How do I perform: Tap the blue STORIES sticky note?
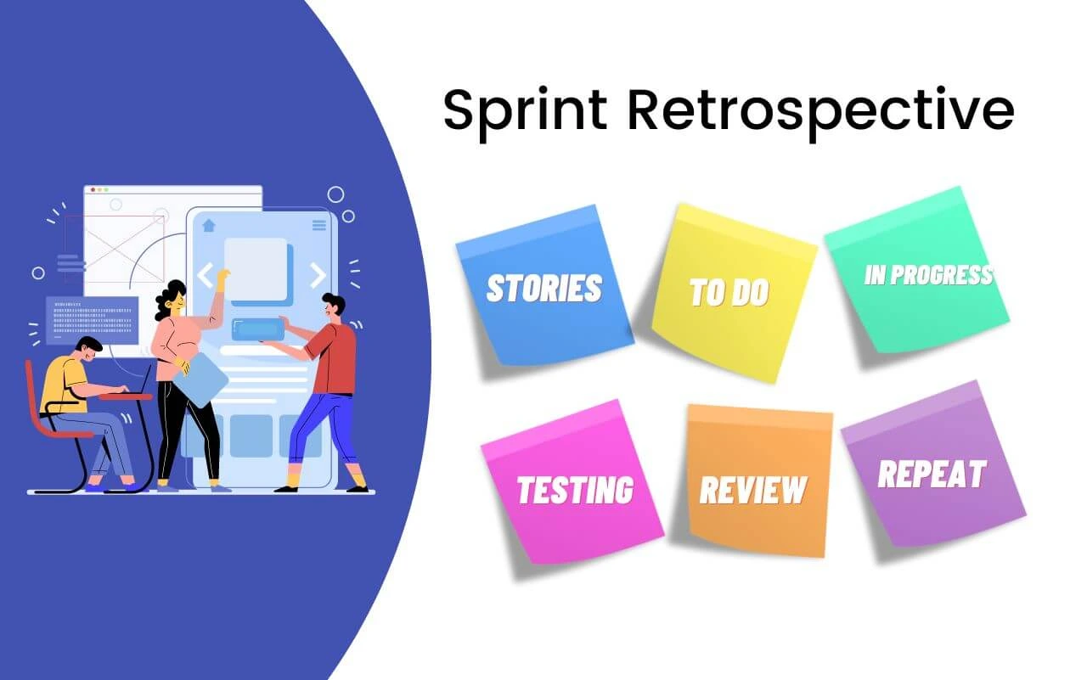[545, 285]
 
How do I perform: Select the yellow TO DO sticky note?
[734, 293]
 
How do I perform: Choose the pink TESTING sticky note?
[572, 482]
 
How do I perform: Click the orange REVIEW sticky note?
[759, 480]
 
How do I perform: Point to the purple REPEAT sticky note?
[933, 464]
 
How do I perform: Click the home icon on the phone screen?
[209, 225]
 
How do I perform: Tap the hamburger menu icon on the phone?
[318, 225]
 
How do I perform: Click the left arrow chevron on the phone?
[205, 275]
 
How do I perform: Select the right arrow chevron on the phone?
[318, 275]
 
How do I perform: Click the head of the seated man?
[89, 348]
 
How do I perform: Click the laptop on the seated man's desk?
[141, 383]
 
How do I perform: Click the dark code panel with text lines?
[92, 321]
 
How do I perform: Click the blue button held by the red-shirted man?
[258, 329]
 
